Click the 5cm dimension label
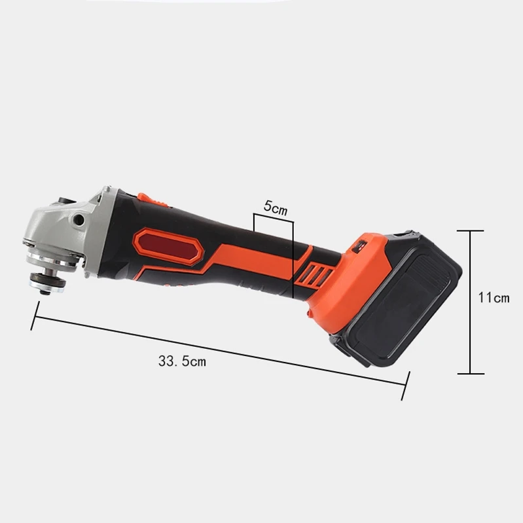275,207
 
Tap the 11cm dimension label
494,298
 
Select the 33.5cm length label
182,361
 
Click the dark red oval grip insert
168,246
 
